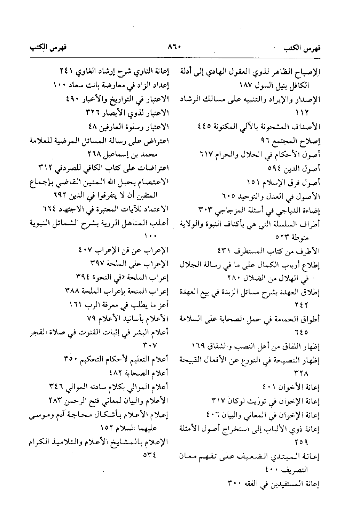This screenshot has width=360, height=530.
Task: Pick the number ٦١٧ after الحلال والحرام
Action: pyautogui.click(x=206, y=154)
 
